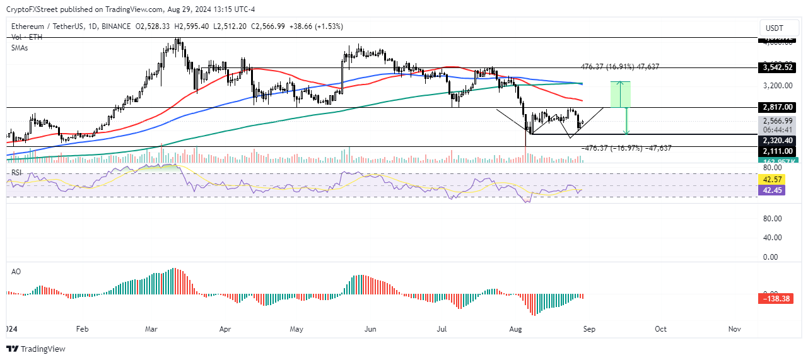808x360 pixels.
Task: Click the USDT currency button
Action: coord(775,28)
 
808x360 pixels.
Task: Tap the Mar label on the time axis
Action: coord(151,329)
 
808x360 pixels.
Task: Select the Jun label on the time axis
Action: coord(370,329)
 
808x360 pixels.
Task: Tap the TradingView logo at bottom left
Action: coord(37,349)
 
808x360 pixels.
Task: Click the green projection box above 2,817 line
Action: coord(621,95)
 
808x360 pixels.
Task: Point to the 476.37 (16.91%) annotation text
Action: coord(619,66)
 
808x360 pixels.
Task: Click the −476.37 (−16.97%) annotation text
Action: coord(626,148)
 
